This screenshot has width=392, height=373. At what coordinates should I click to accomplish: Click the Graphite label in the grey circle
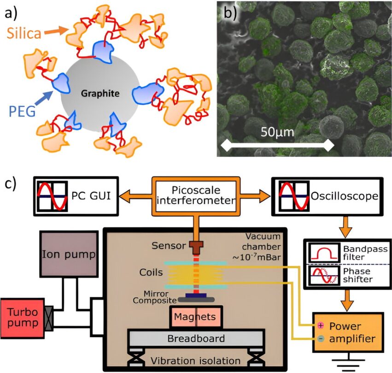[100, 94]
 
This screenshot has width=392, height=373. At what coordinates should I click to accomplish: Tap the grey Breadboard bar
[196, 339]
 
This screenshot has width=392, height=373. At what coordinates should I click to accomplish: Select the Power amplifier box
[348, 332]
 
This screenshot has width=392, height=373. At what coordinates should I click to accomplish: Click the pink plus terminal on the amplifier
[321, 325]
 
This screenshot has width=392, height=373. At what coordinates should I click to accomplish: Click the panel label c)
[10, 183]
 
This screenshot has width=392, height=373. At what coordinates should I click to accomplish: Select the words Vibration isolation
[197, 361]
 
